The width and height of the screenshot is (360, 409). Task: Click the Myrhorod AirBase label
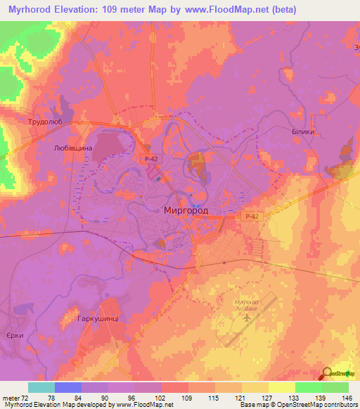[x=247, y=305]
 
